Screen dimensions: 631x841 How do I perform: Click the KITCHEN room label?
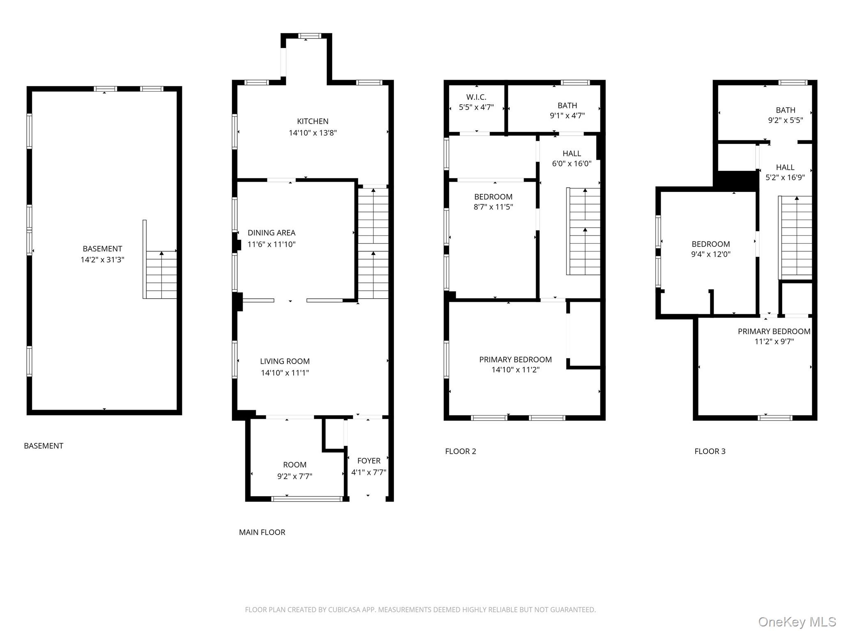[313, 121]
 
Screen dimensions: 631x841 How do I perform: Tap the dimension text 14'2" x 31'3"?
[102, 260]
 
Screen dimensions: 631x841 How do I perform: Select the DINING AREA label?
[271, 233]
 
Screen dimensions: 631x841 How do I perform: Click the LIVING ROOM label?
[285, 361]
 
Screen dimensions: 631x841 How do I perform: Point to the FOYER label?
[369, 461]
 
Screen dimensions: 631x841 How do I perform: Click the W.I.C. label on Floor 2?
[476, 97]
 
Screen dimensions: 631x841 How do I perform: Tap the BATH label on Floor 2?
[567, 106]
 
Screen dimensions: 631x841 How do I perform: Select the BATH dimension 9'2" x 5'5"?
[785, 120]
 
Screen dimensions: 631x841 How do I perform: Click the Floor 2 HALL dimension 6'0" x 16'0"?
[572, 164]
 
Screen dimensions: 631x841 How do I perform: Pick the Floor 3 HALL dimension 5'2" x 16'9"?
[785, 177]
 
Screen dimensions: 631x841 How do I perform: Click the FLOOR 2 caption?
[460, 451]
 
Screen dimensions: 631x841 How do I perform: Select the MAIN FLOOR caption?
[262, 532]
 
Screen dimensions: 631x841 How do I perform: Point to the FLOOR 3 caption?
[710, 451]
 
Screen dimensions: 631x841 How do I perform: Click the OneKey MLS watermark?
[797, 622]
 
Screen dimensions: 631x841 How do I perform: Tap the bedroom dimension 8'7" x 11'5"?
[493, 207]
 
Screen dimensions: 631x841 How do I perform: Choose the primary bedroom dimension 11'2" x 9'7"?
[774, 341]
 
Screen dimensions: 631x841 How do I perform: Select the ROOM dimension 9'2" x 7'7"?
[294, 476]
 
